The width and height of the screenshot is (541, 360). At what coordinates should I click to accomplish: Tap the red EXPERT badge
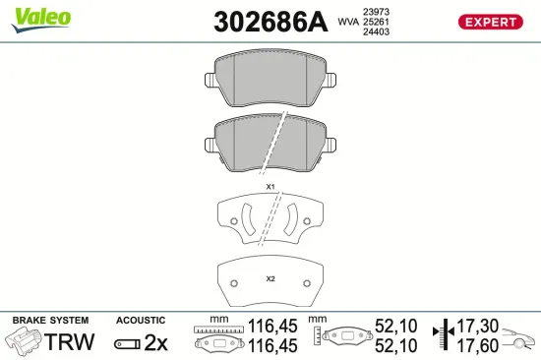(x=487, y=21)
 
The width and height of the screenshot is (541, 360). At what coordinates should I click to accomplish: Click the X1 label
(x=270, y=187)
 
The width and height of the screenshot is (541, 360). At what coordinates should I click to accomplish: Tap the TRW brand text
(x=71, y=342)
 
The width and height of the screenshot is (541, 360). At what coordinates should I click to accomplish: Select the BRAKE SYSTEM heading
(x=49, y=321)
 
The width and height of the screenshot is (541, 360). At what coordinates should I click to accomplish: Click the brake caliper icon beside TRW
(x=24, y=341)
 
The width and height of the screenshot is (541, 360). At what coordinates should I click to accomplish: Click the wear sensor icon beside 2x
(x=127, y=343)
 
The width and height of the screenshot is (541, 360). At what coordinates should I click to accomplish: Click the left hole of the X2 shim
(x=234, y=281)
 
